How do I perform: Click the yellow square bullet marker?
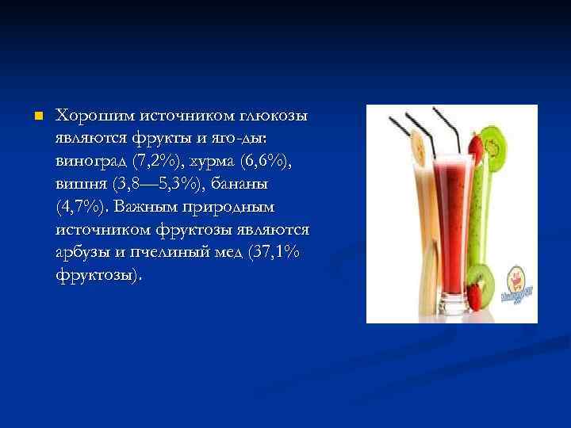36,116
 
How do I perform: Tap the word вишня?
80,185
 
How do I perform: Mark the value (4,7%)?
82,208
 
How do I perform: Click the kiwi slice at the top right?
495,143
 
